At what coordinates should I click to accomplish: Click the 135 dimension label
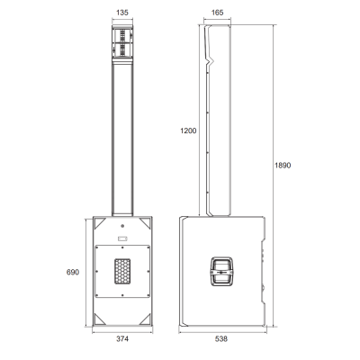(122, 13)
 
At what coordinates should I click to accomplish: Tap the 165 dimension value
(217, 13)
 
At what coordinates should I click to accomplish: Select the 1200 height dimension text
(188, 130)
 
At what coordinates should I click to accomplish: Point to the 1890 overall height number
(283, 166)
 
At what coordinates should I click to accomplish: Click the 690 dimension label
(73, 272)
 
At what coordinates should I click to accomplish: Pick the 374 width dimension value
(122, 338)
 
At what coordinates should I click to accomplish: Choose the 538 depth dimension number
(221, 338)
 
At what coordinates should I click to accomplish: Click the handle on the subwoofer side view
(222, 272)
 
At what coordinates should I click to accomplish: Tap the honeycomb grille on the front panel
(122, 272)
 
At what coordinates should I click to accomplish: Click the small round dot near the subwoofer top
(122, 226)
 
